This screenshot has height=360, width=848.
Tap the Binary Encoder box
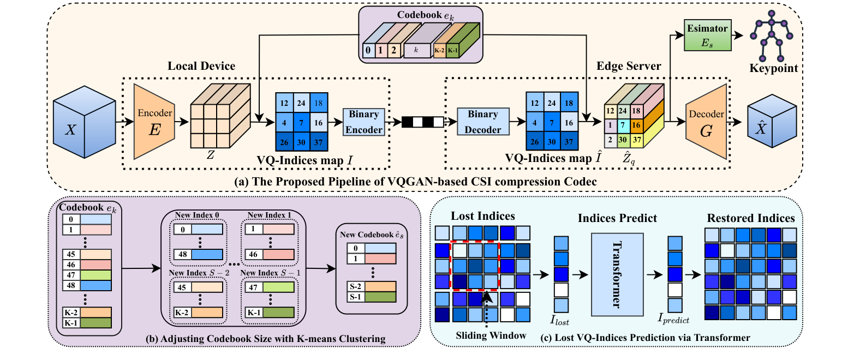coord(363,122)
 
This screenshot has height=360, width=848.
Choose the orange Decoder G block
coord(707,121)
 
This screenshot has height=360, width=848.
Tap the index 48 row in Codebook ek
coord(87,286)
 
